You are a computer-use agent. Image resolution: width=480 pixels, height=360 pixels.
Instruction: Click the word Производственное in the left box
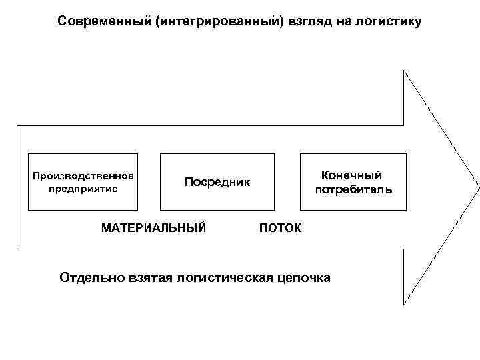tap(83, 176)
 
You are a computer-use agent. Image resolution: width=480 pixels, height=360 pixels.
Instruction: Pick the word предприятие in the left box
tap(83, 189)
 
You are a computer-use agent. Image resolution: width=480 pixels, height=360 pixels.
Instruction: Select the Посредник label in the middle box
tap(217, 182)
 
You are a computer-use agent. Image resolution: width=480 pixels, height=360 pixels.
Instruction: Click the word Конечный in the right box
tap(351, 175)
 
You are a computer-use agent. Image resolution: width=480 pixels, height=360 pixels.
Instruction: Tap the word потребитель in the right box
tap(353, 190)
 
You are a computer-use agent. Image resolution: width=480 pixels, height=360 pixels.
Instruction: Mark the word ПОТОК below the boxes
tap(280, 229)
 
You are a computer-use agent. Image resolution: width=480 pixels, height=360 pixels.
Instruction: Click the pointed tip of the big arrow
tap(478, 187)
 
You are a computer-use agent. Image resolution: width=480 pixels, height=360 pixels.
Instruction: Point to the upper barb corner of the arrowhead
tap(404, 70)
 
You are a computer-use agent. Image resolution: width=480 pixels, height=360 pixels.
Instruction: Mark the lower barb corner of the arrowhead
tap(404, 304)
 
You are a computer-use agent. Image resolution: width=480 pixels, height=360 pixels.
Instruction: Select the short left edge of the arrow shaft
tap(17, 187)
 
